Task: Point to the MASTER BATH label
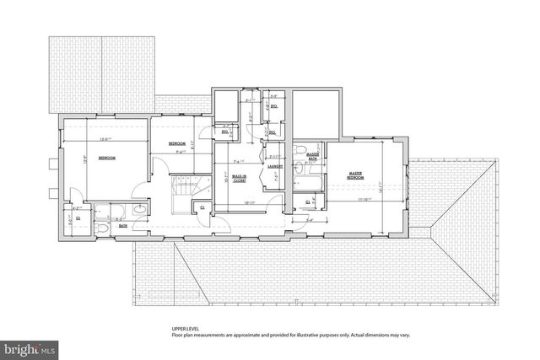(x=312, y=155)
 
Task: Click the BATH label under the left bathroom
(x=122, y=226)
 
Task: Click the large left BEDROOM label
(x=108, y=158)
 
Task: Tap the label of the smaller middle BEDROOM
(x=177, y=143)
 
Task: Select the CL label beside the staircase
(x=201, y=207)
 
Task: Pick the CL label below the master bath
(x=307, y=201)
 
